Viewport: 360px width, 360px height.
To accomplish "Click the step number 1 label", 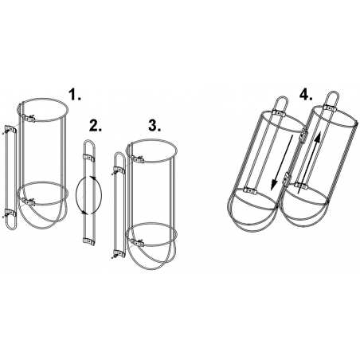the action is click(x=75, y=95).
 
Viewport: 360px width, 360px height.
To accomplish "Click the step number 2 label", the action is click(x=96, y=125).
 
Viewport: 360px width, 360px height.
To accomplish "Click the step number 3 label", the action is click(x=155, y=125).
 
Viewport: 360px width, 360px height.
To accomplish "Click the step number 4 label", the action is click(x=306, y=95).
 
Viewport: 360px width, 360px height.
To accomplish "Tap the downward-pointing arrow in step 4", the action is click(x=283, y=162).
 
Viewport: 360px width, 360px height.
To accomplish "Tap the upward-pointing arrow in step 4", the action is click(x=308, y=162).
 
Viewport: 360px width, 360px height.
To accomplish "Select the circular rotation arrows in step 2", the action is click(x=88, y=195).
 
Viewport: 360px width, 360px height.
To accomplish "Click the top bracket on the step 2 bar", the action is click(x=89, y=158).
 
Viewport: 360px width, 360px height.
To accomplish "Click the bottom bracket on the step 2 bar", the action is click(x=88, y=241).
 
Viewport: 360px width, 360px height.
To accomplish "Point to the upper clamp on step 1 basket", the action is click(x=29, y=118).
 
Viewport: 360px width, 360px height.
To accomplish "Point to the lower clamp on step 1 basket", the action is click(x=29, y=202).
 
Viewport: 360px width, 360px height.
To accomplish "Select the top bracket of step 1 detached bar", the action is click(x=10, y=129).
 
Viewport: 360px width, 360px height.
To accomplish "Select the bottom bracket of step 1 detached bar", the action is click(x=10, y=213).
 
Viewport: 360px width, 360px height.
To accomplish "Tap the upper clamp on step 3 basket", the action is click(x=138, y=160).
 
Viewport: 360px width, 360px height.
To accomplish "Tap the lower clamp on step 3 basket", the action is click(x=137, y=243).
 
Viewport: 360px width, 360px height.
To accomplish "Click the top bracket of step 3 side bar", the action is click(x=119, y=170).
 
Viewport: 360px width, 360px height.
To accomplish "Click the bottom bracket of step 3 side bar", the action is click(x=119, y=253).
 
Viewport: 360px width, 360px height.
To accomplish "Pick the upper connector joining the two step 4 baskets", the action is click(x=303, y=135).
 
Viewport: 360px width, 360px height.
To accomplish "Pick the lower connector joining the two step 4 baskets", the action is click(x=286, y=178).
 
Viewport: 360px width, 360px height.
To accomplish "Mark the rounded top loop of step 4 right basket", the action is click(x=333, y=93).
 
